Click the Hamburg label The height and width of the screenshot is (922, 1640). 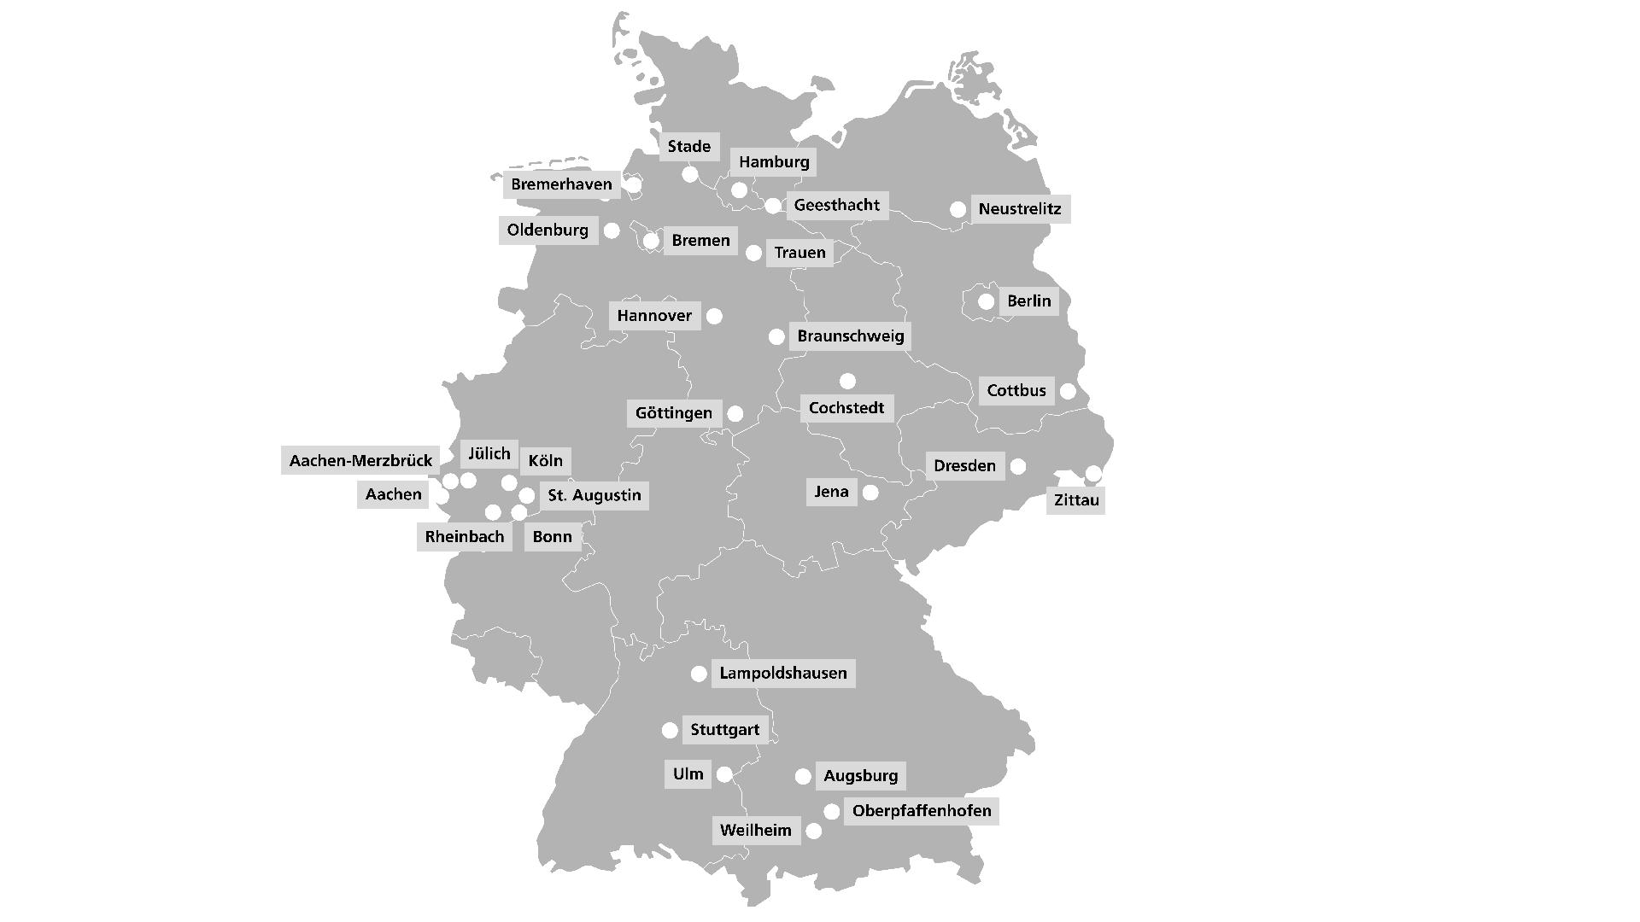[x=774, y=162]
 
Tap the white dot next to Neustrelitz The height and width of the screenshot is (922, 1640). [x=958, y=209]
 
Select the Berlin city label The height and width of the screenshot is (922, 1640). [x=1028, y=301]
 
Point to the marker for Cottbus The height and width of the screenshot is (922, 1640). [x=1068, y=391]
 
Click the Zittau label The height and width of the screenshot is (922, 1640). [x=1075, y=500]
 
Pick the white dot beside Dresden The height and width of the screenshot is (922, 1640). [x=1018, y=466]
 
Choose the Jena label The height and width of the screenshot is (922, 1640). [x=831, y=492]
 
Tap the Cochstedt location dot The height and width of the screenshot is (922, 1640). [x=847, y=381]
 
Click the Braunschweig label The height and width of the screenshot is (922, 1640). [x=850, y=336]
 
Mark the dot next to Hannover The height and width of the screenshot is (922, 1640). [x=714, y=317]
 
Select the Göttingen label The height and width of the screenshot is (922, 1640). [x=673, y=413]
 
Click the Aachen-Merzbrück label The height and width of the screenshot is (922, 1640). [x=360, y=461]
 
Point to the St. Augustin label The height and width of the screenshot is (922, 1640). [x=594, y=495]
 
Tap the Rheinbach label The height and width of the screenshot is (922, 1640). [x=464, y=537]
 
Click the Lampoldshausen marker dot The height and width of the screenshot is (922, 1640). [x=699, y=674]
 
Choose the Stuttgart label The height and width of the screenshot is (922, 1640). [x=724, y=730]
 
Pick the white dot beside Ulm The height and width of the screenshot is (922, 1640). [x=724, y=774]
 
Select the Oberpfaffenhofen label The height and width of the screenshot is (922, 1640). [x=921, y=811]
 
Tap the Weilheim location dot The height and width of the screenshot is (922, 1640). [x=814, y=831]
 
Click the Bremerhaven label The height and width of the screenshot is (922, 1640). [x=561, y=184]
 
